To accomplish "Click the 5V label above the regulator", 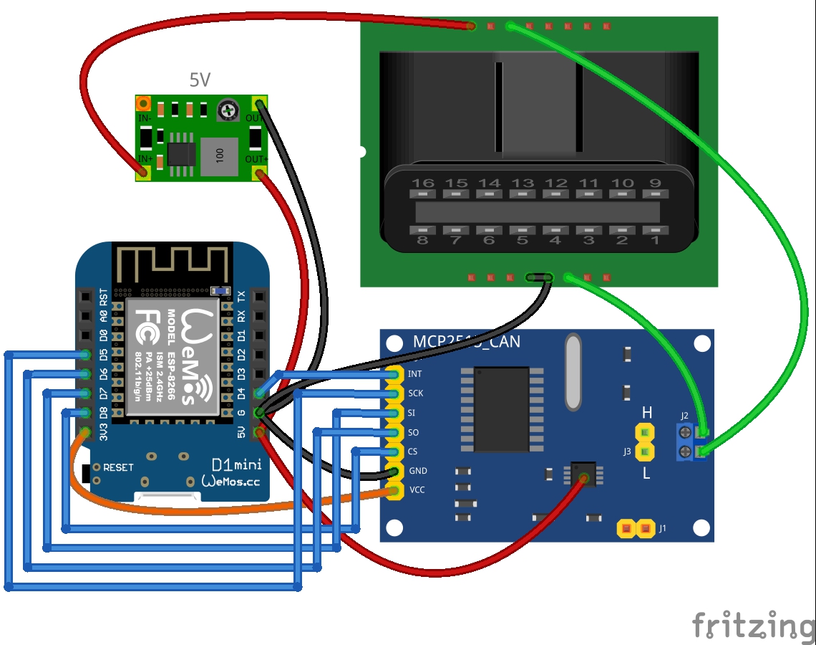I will click(x=200, y=80).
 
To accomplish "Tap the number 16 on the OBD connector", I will click(x=422, y=183).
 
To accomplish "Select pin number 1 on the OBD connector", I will click(x=654, y=241).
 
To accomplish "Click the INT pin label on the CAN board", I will click(x=415, y=373).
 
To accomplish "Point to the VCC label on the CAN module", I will click(x=417, y=490).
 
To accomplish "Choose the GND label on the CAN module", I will click(x=417, y=471).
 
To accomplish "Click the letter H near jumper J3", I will click(x=647, y=412).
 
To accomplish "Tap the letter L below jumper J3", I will click(x=646, y=473).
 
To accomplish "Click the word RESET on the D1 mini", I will click(x=118, y=467).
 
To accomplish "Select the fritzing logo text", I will click(x=753, y=625).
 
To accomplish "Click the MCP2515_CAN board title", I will click(x=466, y=342).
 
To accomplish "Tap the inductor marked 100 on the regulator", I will click(x=219, y=157).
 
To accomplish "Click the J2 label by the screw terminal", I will click(x=684, y=416).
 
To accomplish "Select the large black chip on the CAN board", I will click(x=501, y=409).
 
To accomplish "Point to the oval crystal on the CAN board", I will click(x=573, y=372).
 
